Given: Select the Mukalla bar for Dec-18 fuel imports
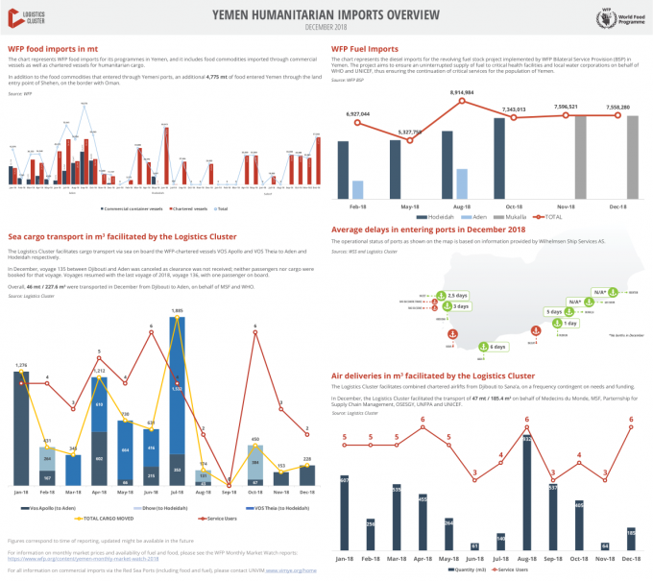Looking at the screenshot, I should click(632, 157).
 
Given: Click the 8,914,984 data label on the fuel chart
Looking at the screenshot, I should click(462, 92).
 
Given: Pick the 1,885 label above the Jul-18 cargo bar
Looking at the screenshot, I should click(177, 310).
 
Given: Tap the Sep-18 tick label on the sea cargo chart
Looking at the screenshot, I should click(229, 492).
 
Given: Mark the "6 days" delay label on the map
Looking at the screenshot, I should click(495, 347).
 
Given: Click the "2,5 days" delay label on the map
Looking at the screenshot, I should click(456, 294).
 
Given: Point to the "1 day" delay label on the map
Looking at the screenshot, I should click(569, 324).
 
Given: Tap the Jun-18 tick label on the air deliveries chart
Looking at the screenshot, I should click(474, 556).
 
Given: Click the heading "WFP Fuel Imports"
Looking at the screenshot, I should click(365, 47).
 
